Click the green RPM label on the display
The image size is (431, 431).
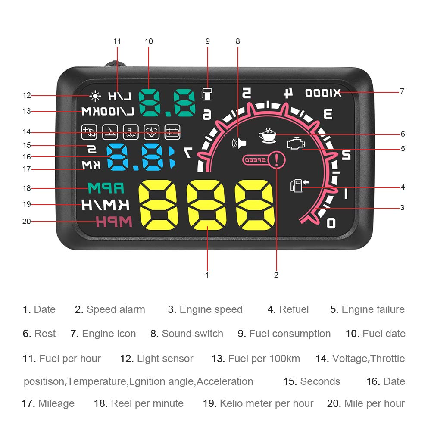click(x=106, y=188)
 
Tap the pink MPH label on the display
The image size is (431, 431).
click(x=114, y=222)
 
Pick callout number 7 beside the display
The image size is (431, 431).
click(x=402, y=91)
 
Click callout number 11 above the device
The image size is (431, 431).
click(x=117, y=41)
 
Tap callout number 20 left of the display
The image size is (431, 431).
click(x=27, y=222)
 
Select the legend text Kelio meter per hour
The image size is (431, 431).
click(x=266, y=403)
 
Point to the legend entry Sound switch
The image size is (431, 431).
click(x=192, y=334)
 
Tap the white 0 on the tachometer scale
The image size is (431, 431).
click(x=331, y=222)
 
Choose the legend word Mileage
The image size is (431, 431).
click(x=56, y=403)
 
